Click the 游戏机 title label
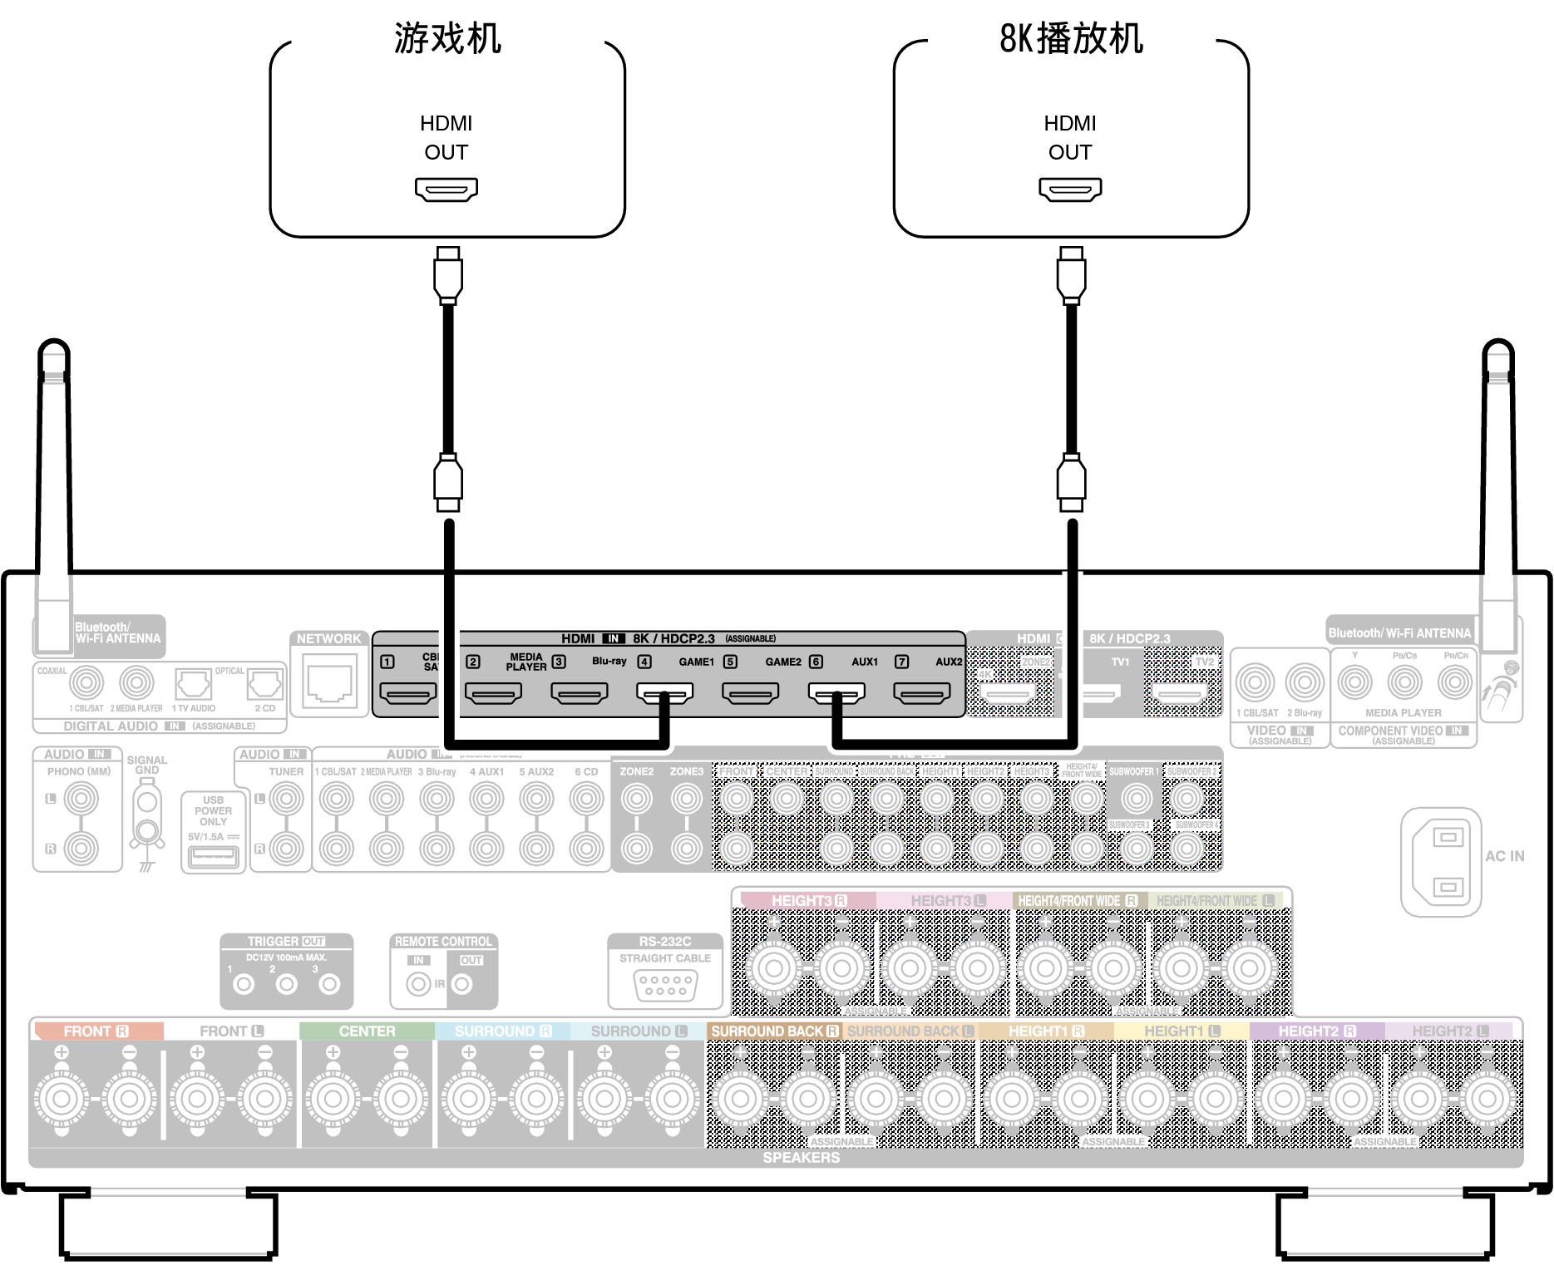tap(447, 39)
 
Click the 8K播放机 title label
tap(1071, 39)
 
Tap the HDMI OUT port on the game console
tap(446, 190)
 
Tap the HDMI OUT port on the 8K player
tap(1070, 190)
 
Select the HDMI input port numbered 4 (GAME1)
tap(664, 692)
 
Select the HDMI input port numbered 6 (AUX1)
tap(836, 692)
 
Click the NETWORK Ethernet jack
tap(329, 683)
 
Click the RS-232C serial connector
tap(665, 986)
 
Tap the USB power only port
tap(213, 855)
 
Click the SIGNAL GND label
tap(147, 765)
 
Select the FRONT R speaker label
tap(96, 1031)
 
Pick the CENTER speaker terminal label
tap(367, 1031)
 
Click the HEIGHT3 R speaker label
tap(808, 901)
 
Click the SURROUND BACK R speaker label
tap(774, 1031)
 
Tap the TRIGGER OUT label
tap(286, 942)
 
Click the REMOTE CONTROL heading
tap(443, 942)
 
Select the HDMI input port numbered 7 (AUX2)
tap(922, 692)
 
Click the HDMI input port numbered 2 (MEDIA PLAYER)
tap(493, 692)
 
